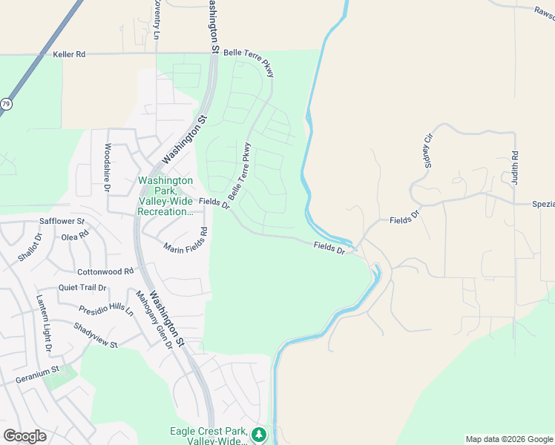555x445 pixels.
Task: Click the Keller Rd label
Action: (x=70, y=54)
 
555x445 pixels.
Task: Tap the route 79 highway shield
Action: (x=6, y=105)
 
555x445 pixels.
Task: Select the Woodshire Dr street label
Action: (x=108, y=168)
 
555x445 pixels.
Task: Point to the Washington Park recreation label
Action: (x=165, y=196)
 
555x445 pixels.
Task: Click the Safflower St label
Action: (x=62, y=221)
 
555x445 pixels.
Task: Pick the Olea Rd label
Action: (x=75, y=237)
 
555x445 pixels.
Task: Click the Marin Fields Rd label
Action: (x=186, y=243)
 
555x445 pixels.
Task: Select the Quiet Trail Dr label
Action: (x=82, y=288)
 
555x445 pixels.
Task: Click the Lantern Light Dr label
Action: (x=45, y=323)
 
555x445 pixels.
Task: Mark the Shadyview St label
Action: (x=96, y=335)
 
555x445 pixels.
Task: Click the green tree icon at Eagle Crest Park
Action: (x=258, y=434)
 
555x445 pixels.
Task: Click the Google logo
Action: (x=24, y=436)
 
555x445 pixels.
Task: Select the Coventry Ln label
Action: (x=157, y=21)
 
